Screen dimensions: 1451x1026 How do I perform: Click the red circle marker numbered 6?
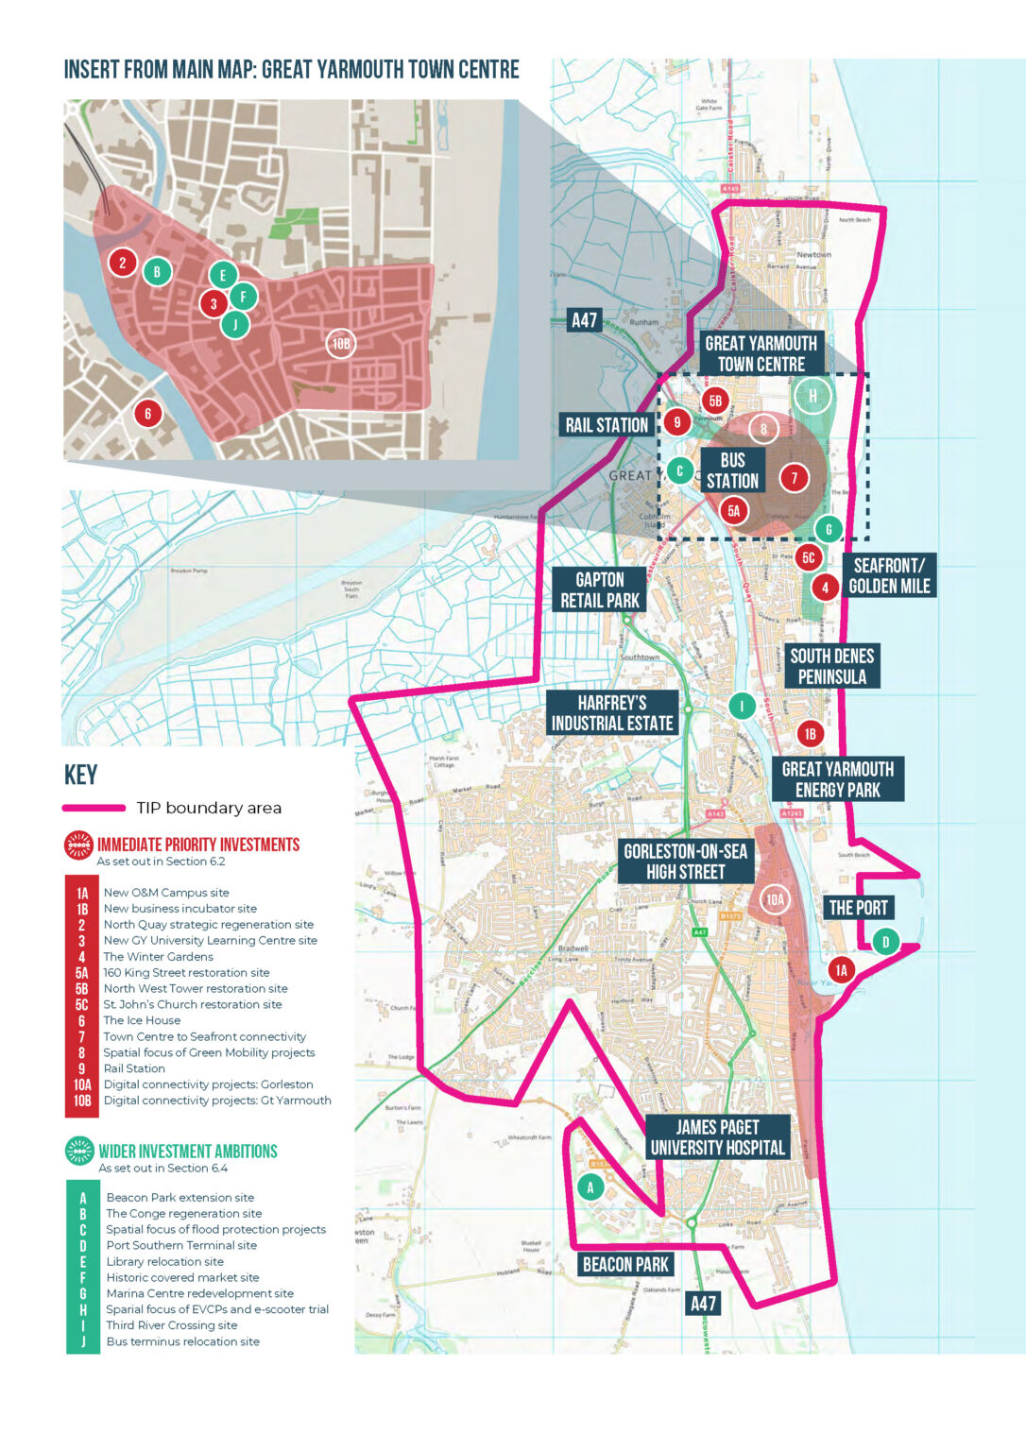pos(147,413)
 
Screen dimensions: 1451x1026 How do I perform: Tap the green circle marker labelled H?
pos(812,396)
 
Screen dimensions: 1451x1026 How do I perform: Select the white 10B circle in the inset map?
pos(341,344)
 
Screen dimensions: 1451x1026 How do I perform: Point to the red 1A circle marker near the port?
pos(841,969)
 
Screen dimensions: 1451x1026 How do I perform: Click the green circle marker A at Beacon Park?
pos(590,1187)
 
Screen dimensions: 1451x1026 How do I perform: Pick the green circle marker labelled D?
pos(885,942)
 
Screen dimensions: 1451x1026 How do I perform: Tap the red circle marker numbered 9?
pos(676,422)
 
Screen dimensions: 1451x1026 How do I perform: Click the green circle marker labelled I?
pos(742,706)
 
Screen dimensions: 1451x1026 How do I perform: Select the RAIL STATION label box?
pos(607,425)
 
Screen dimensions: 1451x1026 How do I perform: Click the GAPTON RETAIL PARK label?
pos(600,590)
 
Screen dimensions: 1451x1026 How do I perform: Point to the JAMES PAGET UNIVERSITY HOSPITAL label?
pos(717,1137)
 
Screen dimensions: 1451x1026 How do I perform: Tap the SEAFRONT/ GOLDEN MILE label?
pos(889,576)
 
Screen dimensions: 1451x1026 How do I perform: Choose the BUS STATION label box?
pos(733,470)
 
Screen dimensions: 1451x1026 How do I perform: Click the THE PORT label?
pos(858,908)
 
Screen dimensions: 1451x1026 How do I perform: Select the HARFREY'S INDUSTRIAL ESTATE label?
pos(612,713)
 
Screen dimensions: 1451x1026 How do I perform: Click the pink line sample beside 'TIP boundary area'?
pos(94,808)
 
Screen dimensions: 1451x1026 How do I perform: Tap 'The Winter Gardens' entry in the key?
pos(158,957)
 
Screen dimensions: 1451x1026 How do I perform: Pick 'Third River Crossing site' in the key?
pos(171,1325)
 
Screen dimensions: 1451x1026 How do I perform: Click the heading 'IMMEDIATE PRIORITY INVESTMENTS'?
pos(198,845)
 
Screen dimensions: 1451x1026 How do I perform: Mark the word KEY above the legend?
pos(80,776)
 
